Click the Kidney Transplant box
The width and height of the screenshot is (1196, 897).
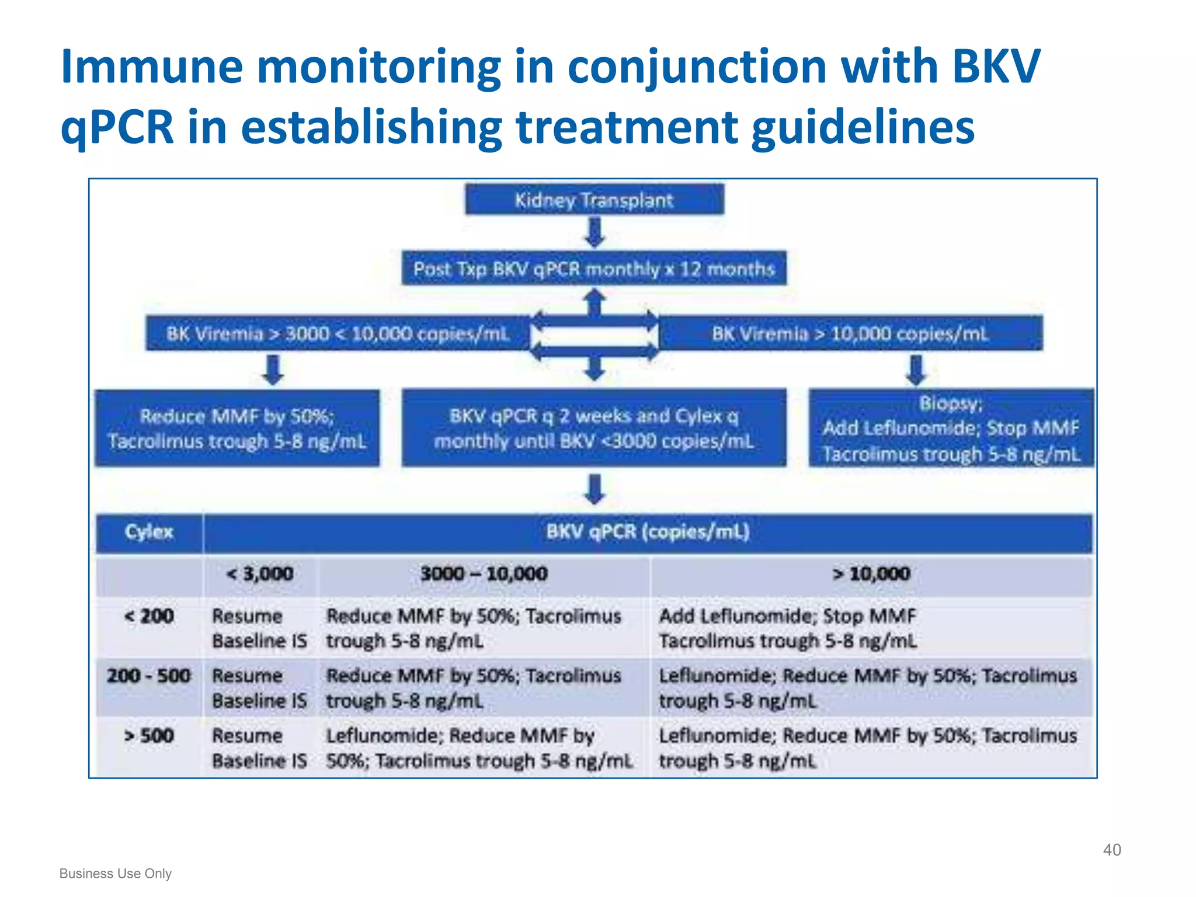click(x=594, y=200)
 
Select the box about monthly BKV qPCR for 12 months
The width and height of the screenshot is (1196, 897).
click(x=594, y=269)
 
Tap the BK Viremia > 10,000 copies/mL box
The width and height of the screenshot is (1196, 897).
click(x=850, y=333)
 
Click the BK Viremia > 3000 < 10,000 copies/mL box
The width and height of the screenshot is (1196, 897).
click(x=338, y=333)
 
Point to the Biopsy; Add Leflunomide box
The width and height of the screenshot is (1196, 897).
click(x=951, y=428)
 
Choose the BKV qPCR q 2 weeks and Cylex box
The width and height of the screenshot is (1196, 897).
click(x=594, y=428)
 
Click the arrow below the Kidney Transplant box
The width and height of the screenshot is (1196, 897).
click(x=594, y=232)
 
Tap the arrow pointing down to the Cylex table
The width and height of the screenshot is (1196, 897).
click(x=594, y=489)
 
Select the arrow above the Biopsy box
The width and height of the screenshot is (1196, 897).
click(x=916, y=370)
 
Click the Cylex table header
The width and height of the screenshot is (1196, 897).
click(x=149, y=532)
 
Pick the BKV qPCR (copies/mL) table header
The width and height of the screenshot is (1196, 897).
click(x=647, y=532)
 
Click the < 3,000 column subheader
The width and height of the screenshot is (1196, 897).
click(x=260, y=574)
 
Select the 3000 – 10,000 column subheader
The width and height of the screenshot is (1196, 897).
click(x=484, y=574)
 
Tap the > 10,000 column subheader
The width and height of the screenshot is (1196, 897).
click(x=871, y=574)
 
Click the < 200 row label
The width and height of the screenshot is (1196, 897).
click(x=149, y=616)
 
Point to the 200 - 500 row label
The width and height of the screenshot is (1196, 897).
click(x=149, y=676)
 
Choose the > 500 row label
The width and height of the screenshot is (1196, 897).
click(x=149, y=735)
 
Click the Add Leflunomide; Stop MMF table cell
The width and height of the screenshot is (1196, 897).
click(x=787, y=628)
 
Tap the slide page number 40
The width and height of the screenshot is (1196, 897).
click(x=1111, y=850)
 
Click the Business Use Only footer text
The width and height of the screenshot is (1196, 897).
click(x=116, y=874)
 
